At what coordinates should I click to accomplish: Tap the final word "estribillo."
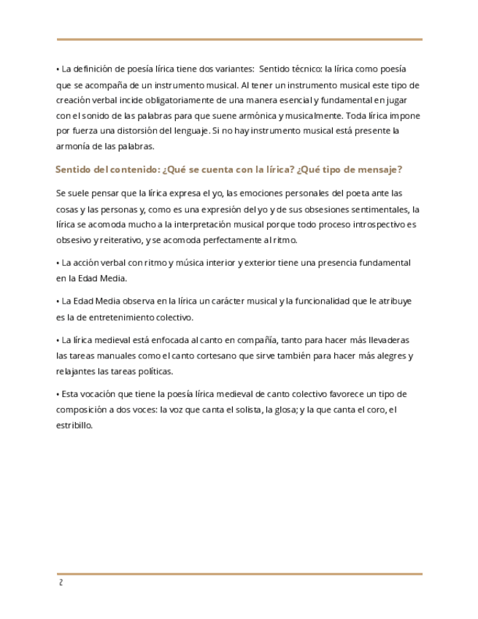[74, 425]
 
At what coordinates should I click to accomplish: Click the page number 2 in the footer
[61, 583]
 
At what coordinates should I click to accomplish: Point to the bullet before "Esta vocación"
[57, 394]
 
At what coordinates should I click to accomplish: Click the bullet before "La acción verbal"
[57, 263]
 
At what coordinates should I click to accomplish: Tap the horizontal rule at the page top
[239, 39]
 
